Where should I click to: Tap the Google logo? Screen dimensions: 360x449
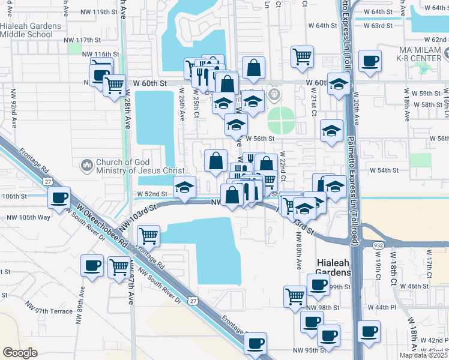coord(20,352)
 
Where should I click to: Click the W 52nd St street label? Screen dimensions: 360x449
coord(151,194)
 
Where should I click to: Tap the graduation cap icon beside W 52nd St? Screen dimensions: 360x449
coord(185,187)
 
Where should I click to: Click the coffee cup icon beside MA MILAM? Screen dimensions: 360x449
coord(370,61)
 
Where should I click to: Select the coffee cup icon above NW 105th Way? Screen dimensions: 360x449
coord(59,199)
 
